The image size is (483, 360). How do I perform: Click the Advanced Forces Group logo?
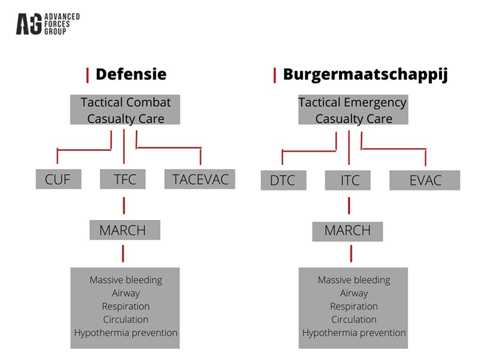click(x=47, y=24)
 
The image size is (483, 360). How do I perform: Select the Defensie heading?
click(x=131, y=74)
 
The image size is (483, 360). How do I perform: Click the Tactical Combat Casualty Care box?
click(x=126, y=110)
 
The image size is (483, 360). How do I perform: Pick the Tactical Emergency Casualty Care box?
click(x=353, y=110)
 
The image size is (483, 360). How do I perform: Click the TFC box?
click(x=123, y=179)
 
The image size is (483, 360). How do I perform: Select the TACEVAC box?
click(x=200, y=179)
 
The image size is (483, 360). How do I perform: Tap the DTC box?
click(x=282, y=180)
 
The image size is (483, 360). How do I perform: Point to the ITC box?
click(x=350, y=180)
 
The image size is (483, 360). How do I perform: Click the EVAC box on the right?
click(x=425, y=180)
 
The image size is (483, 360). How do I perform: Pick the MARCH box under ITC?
click(x=348, y=231)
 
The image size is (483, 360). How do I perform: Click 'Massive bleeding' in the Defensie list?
click(x=126, y=280)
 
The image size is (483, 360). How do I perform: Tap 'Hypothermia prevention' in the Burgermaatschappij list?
click(x=354, y=333)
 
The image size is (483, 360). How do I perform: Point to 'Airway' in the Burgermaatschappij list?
click(x=353, y=293)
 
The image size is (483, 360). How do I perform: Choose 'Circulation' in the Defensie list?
click(x=126, y=320)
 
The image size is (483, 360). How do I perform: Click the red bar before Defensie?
click(x=87, y=75)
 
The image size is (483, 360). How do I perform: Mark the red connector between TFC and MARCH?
click(x=123, y=205)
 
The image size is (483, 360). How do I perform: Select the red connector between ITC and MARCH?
click(x=349, y=205)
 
